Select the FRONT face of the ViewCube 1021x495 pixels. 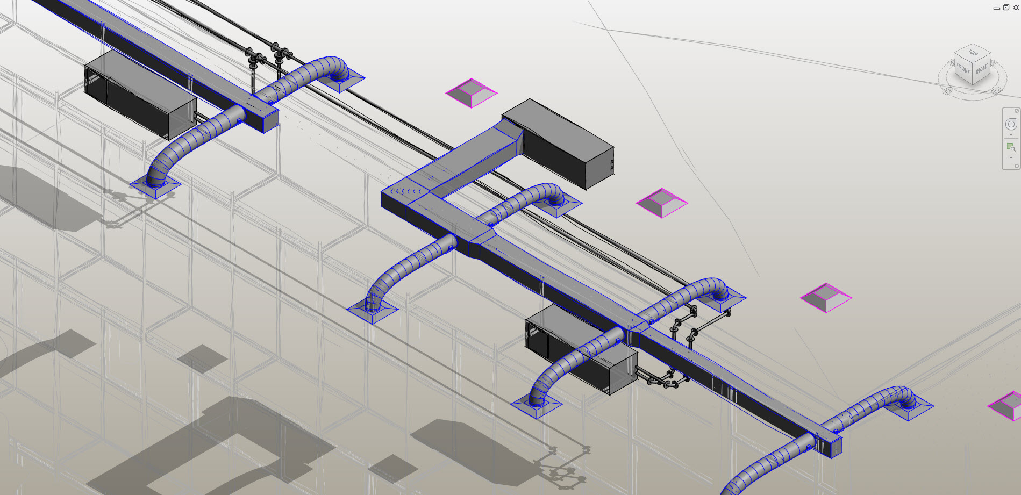click(963, 70)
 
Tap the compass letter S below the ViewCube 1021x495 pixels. click(947, 91)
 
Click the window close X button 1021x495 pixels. click(1016, 8)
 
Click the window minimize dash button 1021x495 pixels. click(996, 8)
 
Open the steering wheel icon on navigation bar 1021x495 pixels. click(1011, 125)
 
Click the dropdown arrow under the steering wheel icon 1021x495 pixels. click(1011, 135)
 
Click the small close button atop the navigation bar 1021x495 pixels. click(1016, 111)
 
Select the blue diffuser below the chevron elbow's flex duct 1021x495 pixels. click(372, 311)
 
